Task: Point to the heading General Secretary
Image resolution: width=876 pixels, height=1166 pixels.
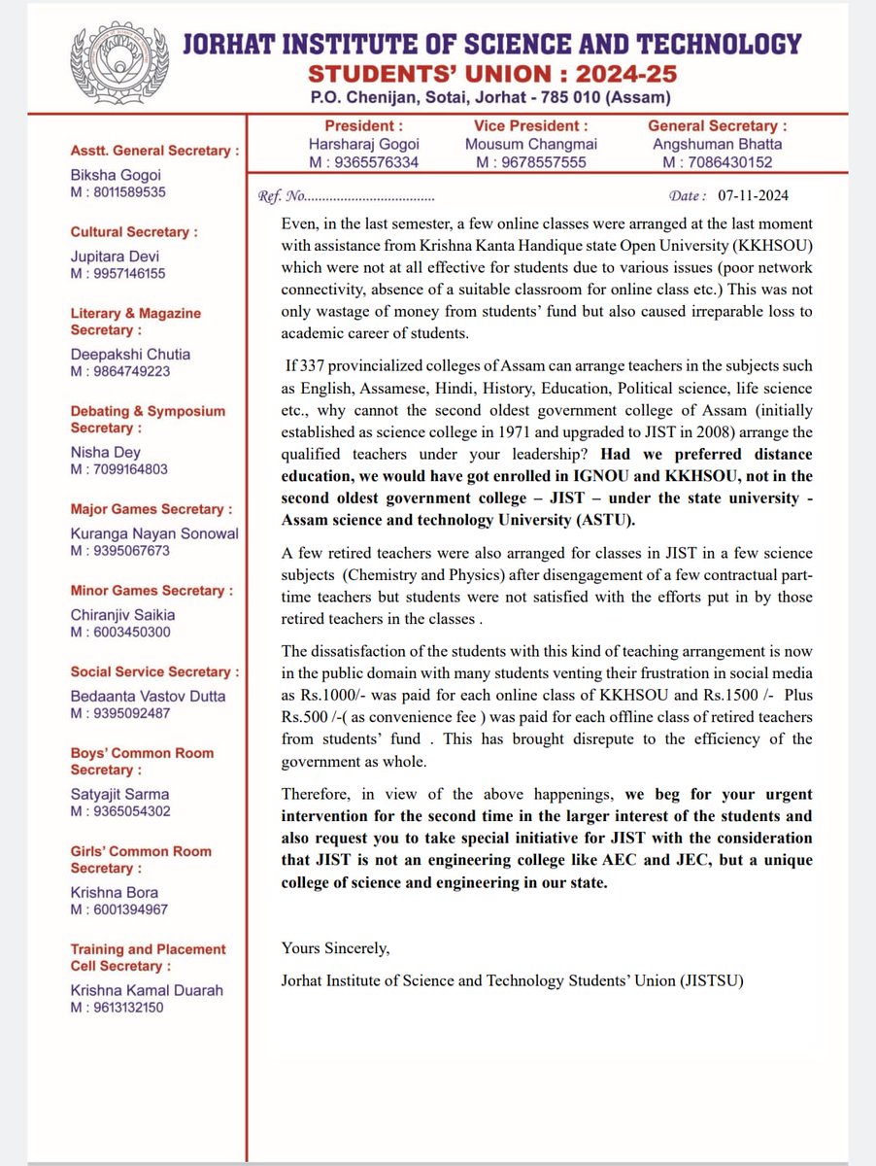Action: (x=717, y=125)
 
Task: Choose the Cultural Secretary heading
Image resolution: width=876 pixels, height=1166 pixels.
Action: (x=133, y=232)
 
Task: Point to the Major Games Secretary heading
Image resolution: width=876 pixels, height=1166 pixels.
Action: (x=151, y=509)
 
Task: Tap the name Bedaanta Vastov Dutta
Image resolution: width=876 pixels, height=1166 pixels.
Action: (x=148, y=696)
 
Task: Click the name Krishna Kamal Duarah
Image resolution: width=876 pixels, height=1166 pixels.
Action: (x=146, y=990)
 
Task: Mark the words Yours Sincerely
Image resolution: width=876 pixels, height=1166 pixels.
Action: (x=335, y=947)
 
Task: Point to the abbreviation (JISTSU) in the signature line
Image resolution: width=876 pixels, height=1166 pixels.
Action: (x=711, y=980)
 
